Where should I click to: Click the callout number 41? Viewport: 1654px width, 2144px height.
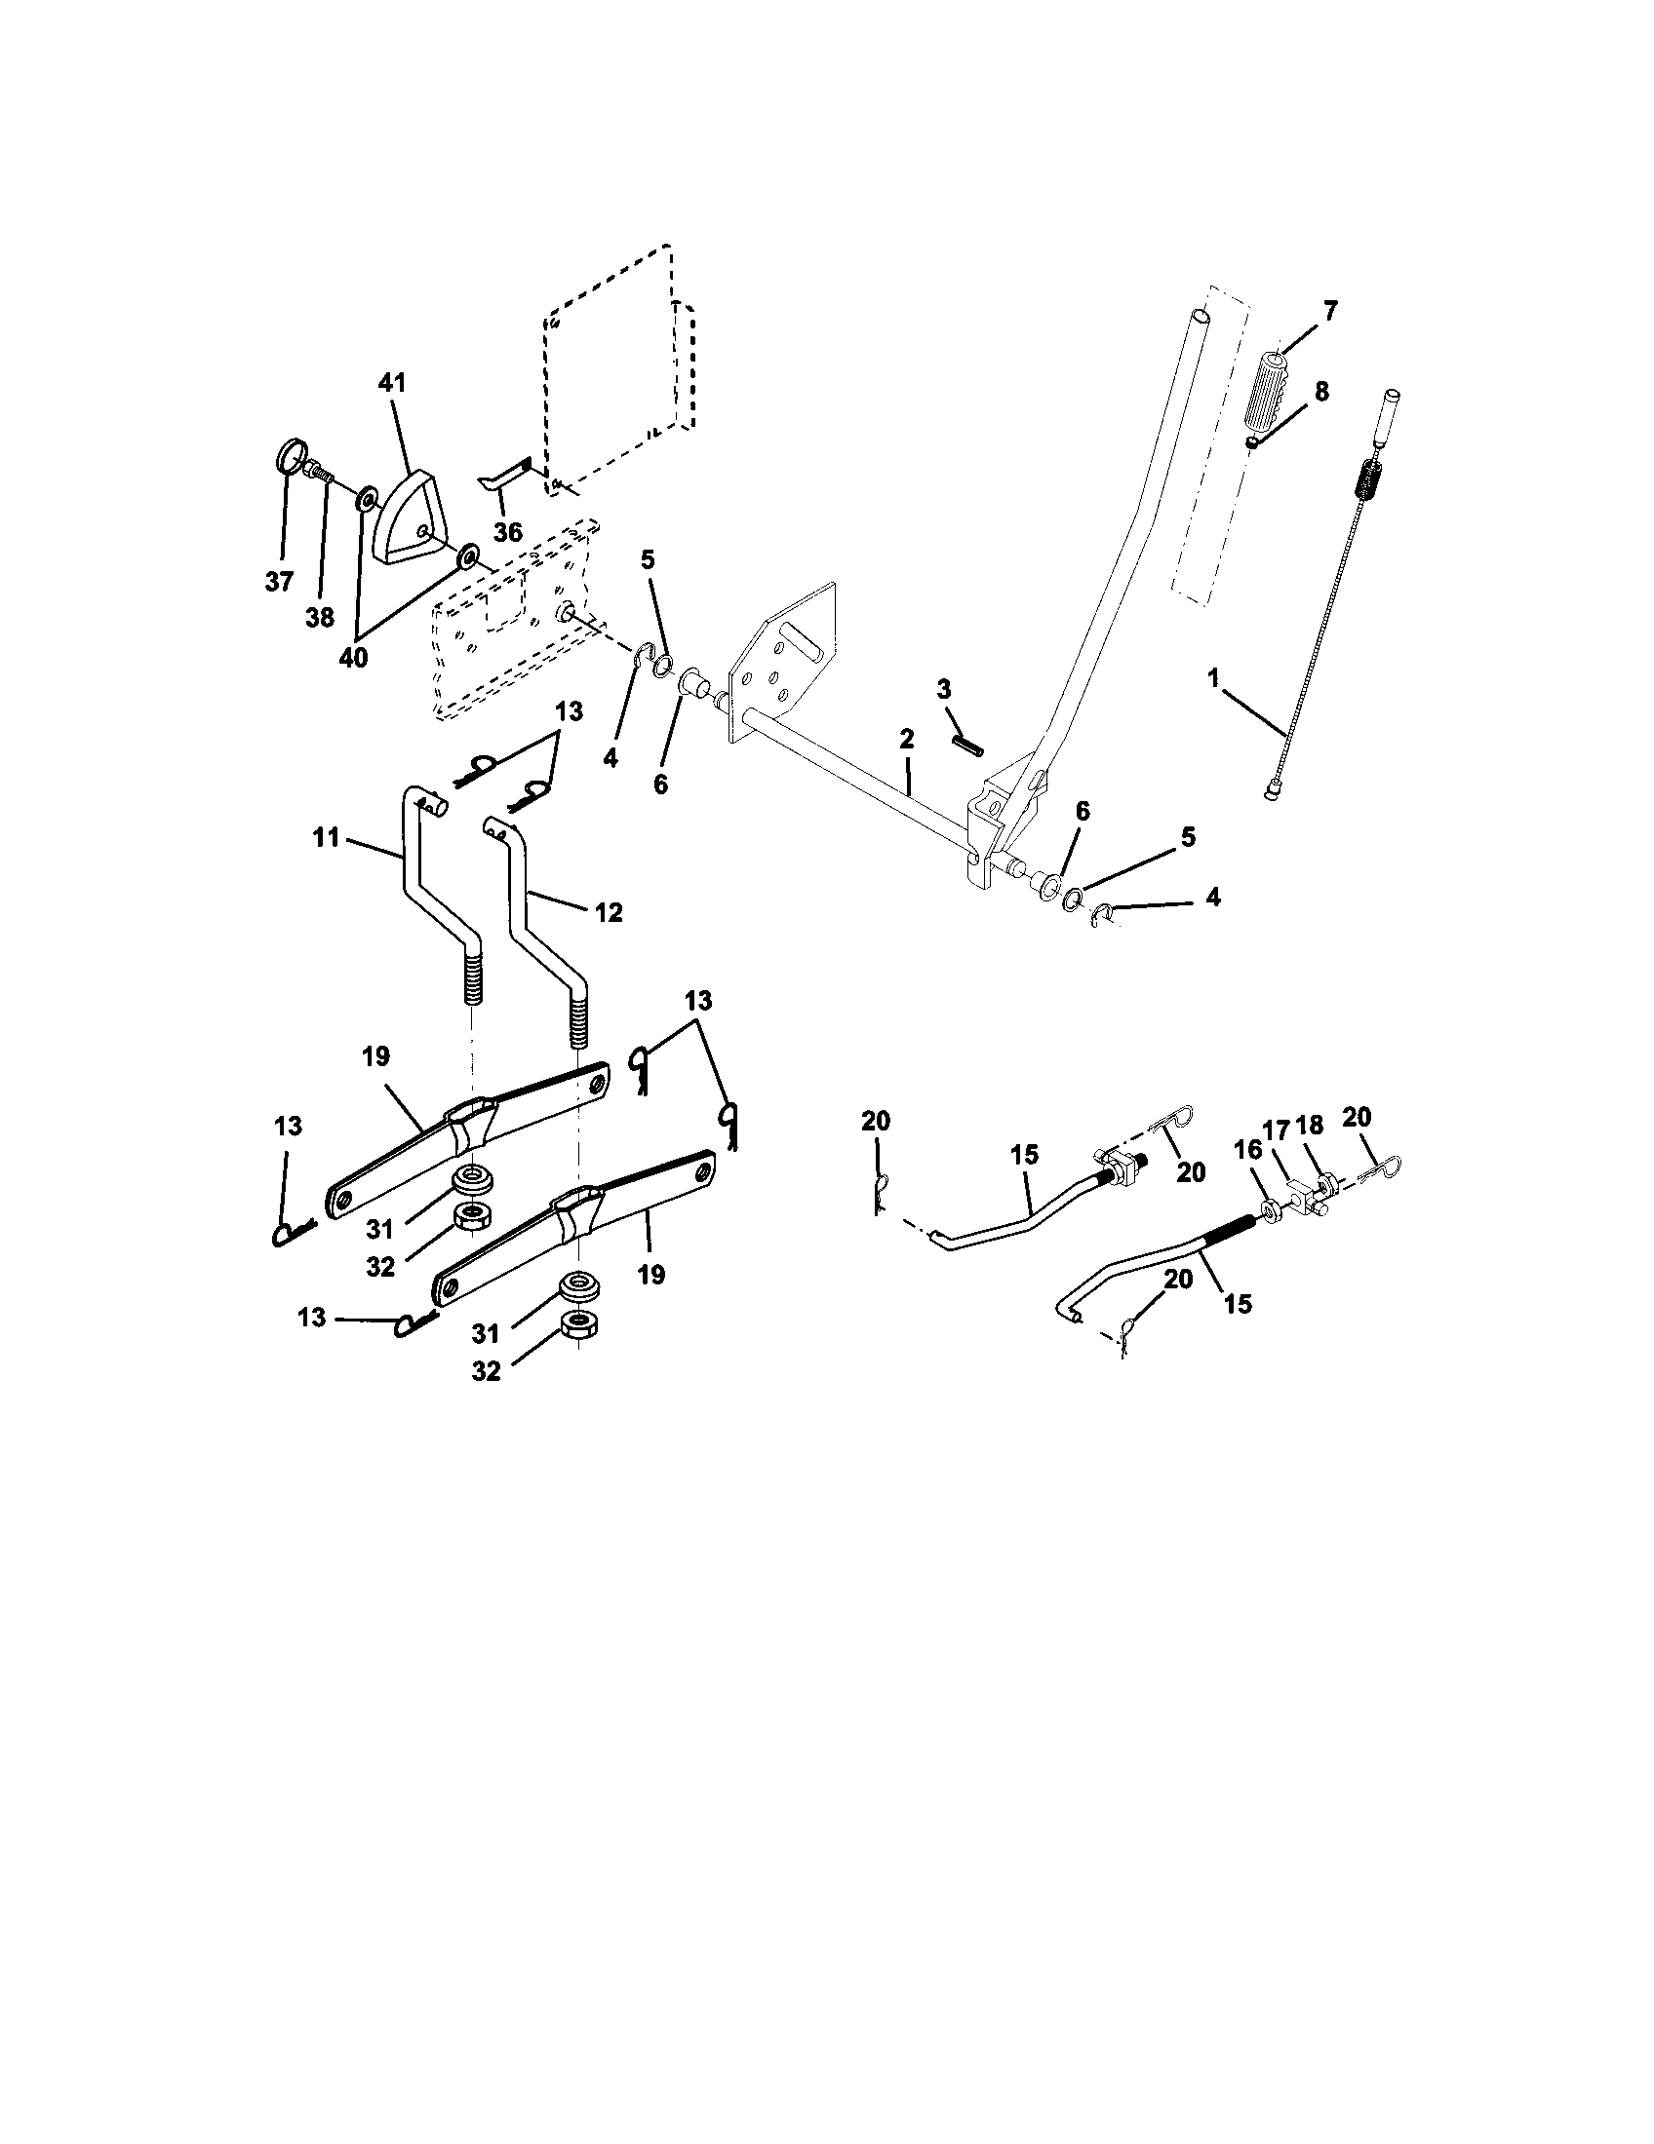click(392, 383)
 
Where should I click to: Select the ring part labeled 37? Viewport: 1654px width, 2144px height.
click(288, 458)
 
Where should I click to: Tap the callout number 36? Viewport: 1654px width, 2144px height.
click(508, 533)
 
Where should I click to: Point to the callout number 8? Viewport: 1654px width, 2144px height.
click(1321, 392)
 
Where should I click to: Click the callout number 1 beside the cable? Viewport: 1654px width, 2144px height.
click(1213, 677)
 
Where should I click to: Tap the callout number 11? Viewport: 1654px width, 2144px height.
click(326, 837)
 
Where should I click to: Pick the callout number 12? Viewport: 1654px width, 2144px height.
click(609, 912)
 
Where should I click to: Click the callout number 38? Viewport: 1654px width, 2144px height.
click(320, 618)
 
